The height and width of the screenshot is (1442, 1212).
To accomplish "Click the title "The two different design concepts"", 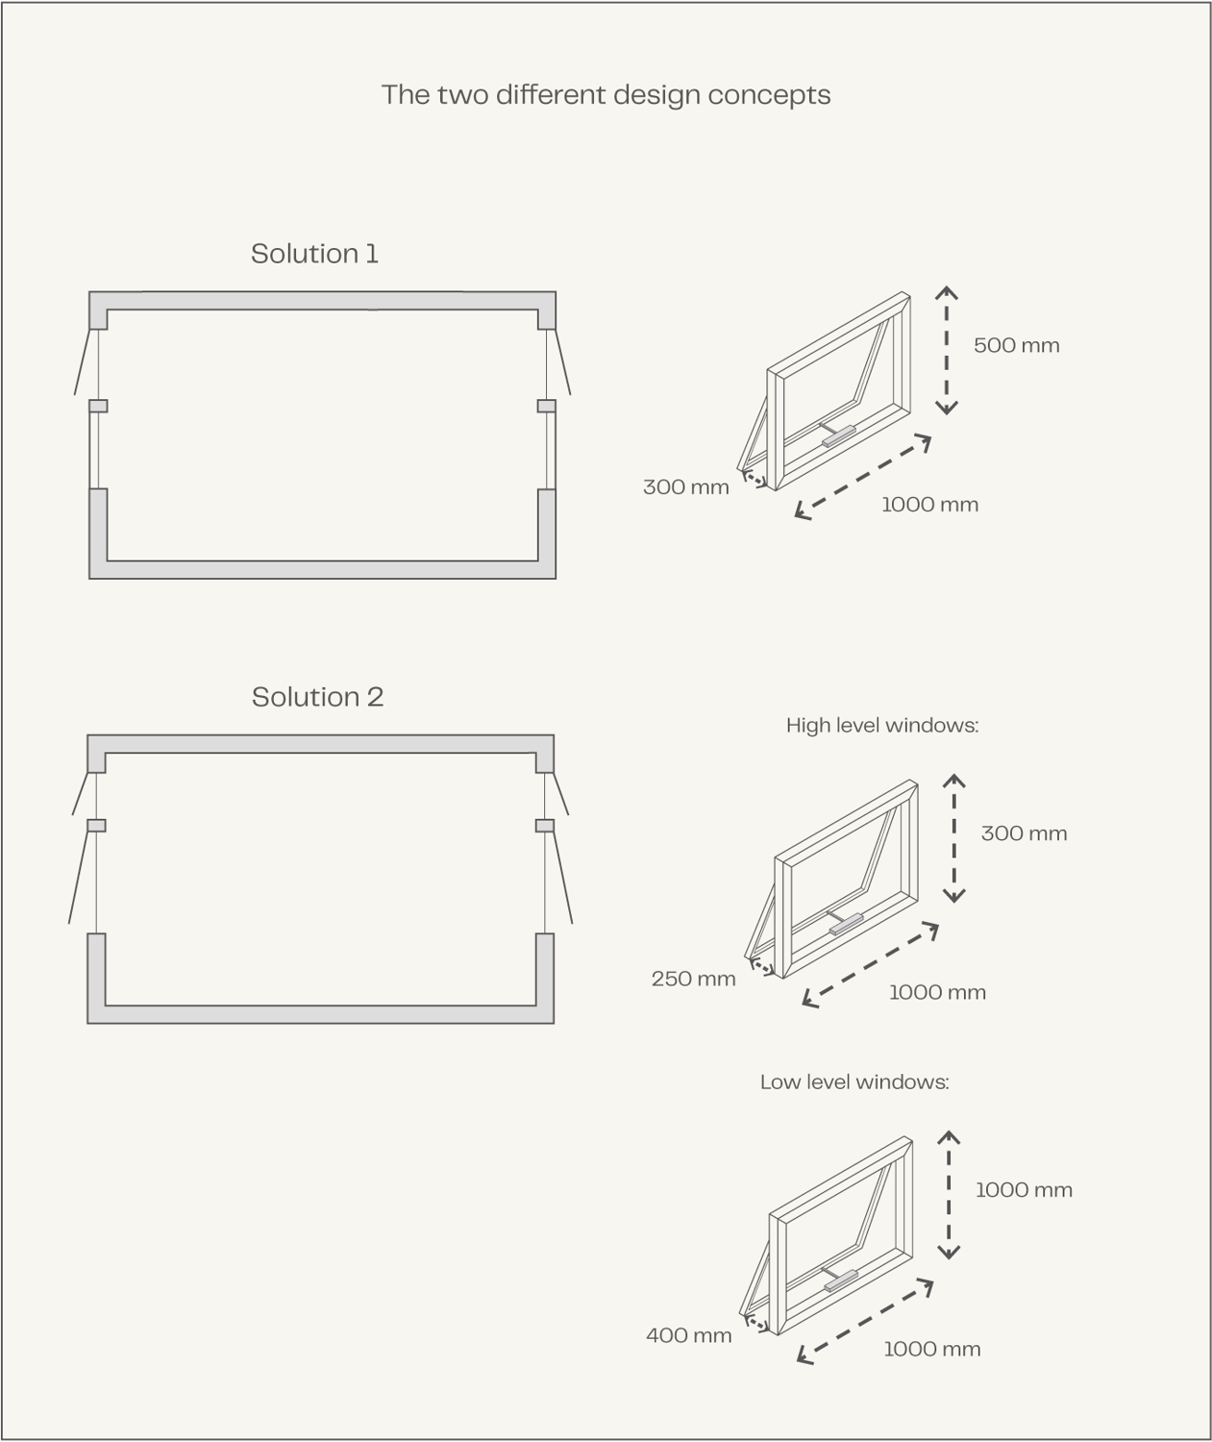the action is click(x=606, y=95).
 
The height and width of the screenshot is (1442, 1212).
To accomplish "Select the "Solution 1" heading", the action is click(x=314, y=254).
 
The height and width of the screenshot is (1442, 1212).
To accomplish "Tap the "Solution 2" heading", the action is click(x=317, y=697).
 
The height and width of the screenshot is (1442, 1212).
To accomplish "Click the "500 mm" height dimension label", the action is click(x=1017, y=345).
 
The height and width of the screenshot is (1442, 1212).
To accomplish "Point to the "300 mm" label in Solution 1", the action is click(x=685, y=486).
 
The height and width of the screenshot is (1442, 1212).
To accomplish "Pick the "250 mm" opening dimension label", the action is click(x=693, y=979).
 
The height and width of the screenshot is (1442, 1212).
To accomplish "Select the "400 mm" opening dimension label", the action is click(x=688, y=1335).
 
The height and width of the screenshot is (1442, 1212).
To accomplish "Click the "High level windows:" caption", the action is click(x=882, y=725).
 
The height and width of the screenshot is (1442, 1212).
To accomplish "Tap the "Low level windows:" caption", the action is click(x=855, y=1081).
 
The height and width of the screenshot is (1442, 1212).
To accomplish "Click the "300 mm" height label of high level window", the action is click(x=1025, y=833).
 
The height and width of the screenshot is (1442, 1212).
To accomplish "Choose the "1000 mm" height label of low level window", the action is click(x=1024, y=1190).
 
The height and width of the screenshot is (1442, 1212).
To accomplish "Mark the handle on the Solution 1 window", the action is click(x=838, y=435).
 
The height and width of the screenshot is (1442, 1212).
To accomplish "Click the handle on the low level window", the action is click(x=840, y=1280).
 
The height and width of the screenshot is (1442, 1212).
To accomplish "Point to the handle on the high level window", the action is click(x=846, y=923).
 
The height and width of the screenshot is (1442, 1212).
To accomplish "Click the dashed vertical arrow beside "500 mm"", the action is click(x=946, y=350).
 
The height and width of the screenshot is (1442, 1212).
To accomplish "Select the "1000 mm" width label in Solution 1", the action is click(x=929, y=505).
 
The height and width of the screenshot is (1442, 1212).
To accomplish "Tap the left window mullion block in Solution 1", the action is click(x=98, y=406).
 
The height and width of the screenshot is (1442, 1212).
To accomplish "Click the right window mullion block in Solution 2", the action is click(x=544, y=825).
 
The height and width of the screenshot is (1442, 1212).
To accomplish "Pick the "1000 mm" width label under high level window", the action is click(x=937, y=992).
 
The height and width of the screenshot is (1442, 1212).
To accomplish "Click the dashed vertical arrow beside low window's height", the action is click(x=949, y=1195).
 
